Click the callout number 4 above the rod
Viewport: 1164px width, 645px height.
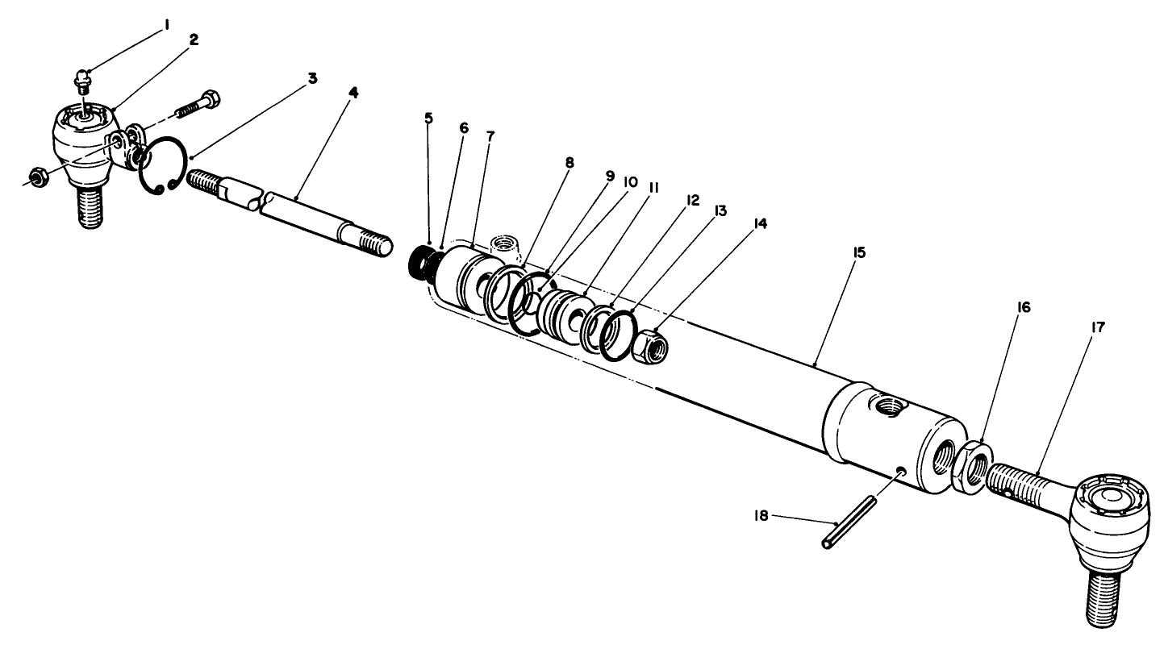pyautogui.click(x=353, y=93)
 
